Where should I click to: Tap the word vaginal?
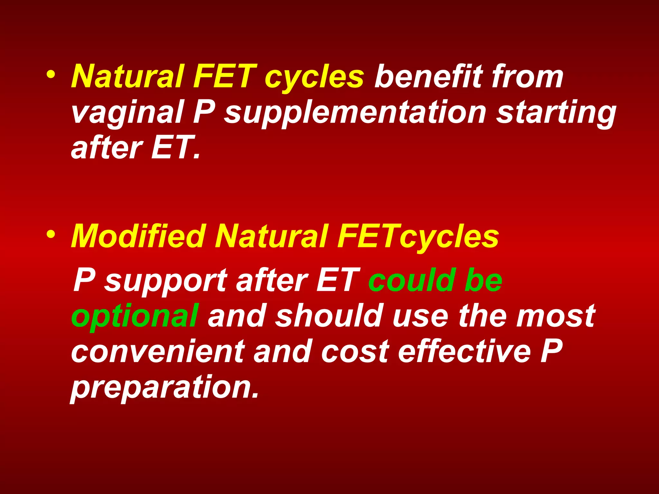(127, 113)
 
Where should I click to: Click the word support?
(166, 281)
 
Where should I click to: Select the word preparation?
(164, 387)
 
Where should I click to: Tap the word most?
(556, 316)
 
